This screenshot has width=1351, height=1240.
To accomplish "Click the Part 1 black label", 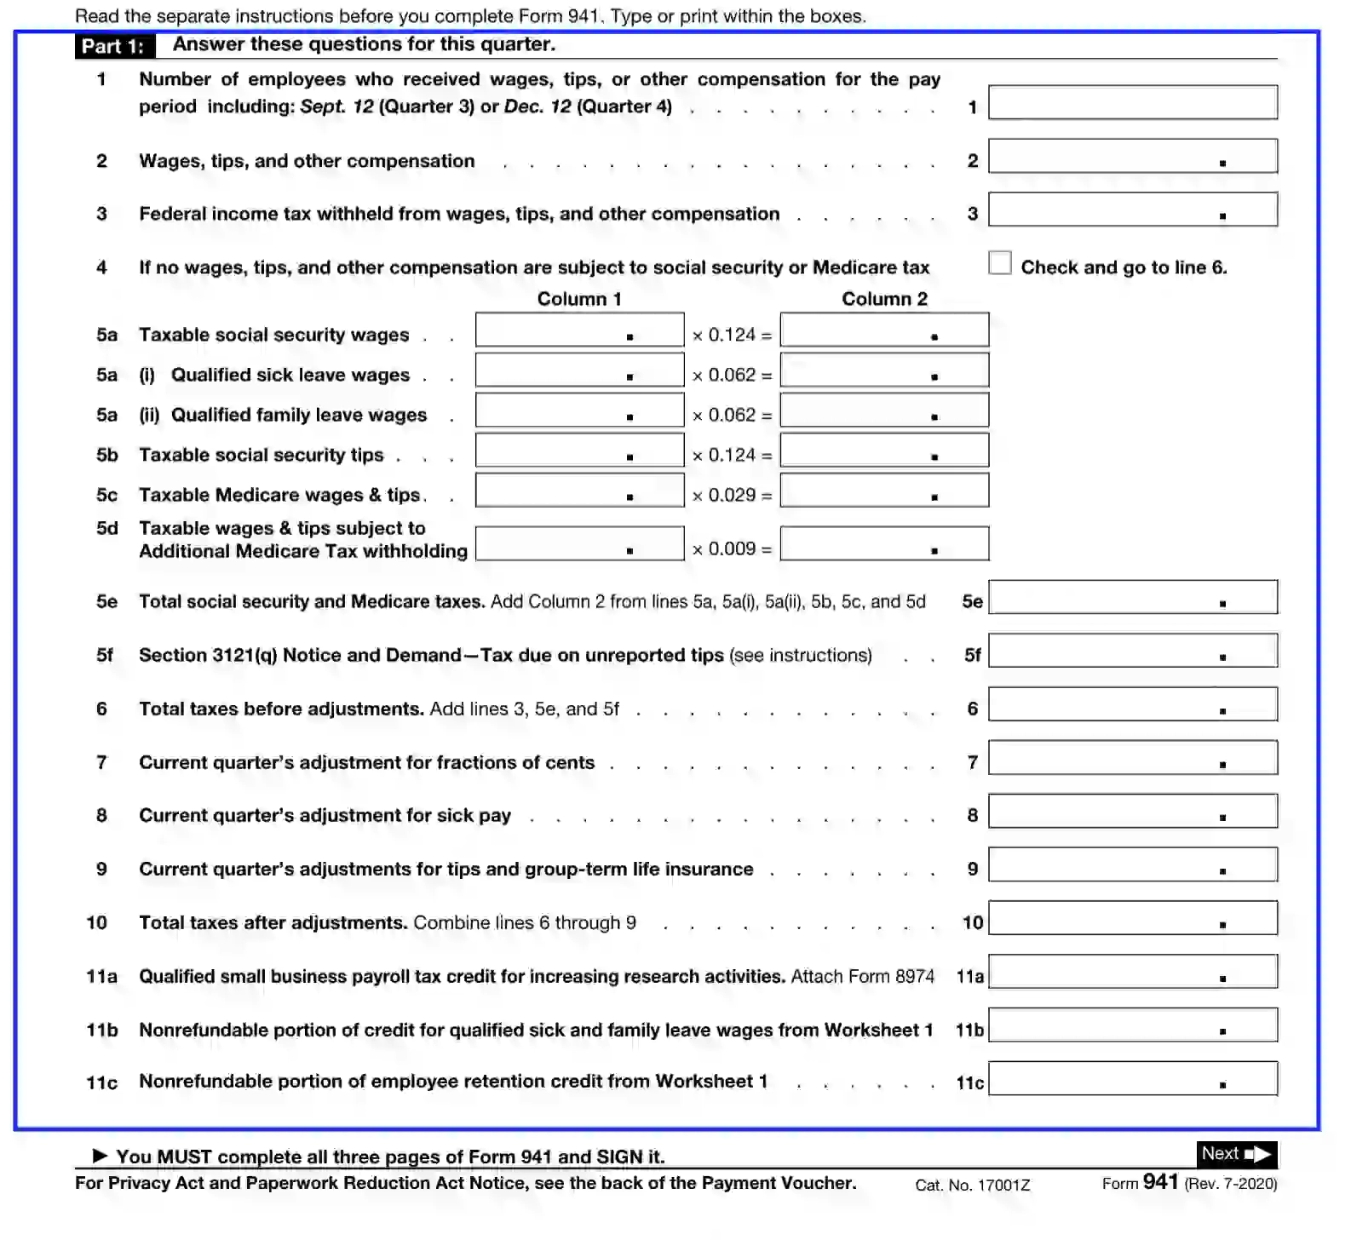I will (x=114, y=46).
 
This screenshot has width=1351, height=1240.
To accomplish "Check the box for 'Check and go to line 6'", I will (x=1000, y=263).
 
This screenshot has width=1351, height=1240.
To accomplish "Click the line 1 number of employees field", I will (x=1132, y=102).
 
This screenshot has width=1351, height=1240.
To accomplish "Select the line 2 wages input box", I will (x=1132, y=156).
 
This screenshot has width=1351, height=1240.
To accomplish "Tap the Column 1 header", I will (x=579, y=299).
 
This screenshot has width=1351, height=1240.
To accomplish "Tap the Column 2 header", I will (x=884, y=299).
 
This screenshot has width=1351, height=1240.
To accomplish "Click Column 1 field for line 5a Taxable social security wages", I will (x=579, y=330).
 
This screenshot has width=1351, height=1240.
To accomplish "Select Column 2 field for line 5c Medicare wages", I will (x=884, y=491).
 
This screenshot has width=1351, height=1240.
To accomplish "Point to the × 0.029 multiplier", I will (x=732, y=496).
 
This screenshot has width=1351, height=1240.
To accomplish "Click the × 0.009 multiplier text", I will (x=732, y=549).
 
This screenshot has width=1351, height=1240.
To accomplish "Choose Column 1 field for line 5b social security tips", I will (x=579, y=451).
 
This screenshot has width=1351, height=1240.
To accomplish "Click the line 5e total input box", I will (x=1132, y=597).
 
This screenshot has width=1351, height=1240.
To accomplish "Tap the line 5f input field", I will (x=1132, y=651).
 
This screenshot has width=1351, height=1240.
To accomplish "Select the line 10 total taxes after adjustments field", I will (x=1132, y=918).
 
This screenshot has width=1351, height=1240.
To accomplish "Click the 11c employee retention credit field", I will (x=1132, y=1078).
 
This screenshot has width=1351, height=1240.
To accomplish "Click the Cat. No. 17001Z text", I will (x=972, y=1185).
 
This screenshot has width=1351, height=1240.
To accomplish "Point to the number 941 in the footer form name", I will (x=1160, y=1182).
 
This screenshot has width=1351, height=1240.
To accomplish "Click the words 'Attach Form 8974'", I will (x=862, y=976).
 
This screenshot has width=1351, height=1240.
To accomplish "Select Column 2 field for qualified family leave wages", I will (x=884, y=410).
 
